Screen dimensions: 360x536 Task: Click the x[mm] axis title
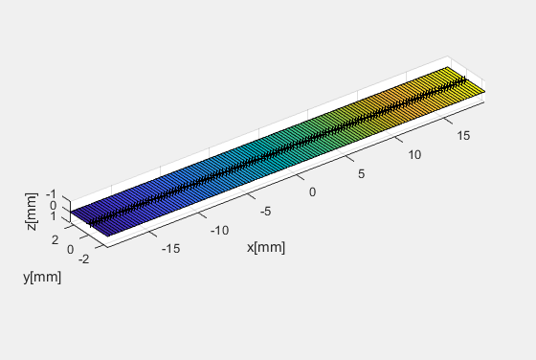266,247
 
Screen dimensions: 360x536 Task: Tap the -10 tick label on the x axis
220,230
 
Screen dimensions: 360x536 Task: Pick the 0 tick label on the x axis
313,191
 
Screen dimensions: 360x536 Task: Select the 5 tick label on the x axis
362,173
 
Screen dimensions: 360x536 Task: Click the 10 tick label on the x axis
413,154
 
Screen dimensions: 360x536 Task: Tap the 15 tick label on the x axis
463,136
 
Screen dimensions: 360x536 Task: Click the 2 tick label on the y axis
56,238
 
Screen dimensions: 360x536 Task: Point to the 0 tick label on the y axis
70,249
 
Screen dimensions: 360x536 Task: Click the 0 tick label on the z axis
54,205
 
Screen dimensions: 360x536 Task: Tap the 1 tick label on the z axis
54,216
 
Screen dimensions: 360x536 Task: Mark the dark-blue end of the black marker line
91,224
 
